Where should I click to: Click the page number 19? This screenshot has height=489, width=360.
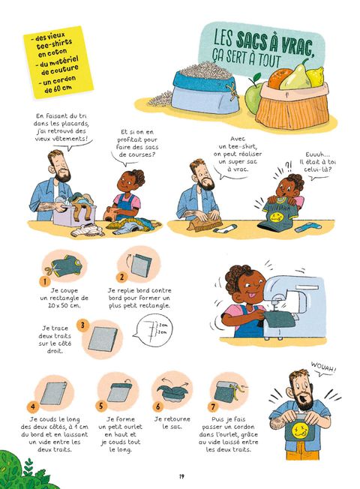tap(181, 476)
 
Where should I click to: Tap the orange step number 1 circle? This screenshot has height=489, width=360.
tap(45, 281)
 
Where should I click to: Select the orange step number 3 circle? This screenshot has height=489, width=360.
tap(82, 325)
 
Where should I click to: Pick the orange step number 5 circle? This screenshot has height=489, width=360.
tap(100, 406)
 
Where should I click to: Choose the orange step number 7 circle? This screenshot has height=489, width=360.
tap(213, 406)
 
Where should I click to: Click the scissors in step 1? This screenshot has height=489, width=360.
tap(51, 269)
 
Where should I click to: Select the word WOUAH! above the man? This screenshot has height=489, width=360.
tap(323, 367)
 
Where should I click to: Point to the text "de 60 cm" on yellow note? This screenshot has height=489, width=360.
tap(58, 89)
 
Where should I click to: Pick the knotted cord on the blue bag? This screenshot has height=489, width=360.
tap(232, 91)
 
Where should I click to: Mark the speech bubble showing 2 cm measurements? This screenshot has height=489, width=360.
tap(153, 330)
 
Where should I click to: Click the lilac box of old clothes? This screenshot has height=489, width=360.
tap(72, 214)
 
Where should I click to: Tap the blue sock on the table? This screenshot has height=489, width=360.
tap(306, 227)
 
